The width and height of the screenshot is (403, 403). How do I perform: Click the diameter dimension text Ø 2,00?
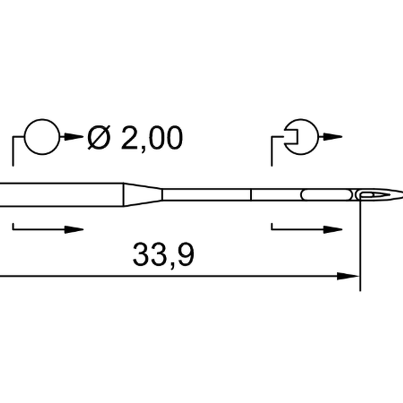pyautogui.click(x=135, y=138)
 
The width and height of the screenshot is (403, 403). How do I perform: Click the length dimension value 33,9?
pyautogui.click(x=163, y=255)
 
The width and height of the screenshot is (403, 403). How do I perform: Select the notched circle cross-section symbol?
pyautogui.click(x=318, y=137)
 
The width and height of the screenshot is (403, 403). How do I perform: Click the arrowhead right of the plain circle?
pyautogui.click(x=74, y=137)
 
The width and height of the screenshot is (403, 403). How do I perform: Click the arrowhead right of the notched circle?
pyautogui.click(x=332, y=137)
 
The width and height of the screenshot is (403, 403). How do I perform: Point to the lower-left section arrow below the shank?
pyautogui.click(x=48, y=229)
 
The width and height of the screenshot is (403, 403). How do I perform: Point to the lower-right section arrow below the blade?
pyautogui.click(x=307, y=229)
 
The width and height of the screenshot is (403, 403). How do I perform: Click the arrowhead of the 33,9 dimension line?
pyautogui.click(x=348, y=276)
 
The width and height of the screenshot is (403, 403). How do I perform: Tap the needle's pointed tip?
pyautogui.click(x=402, y=194)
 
